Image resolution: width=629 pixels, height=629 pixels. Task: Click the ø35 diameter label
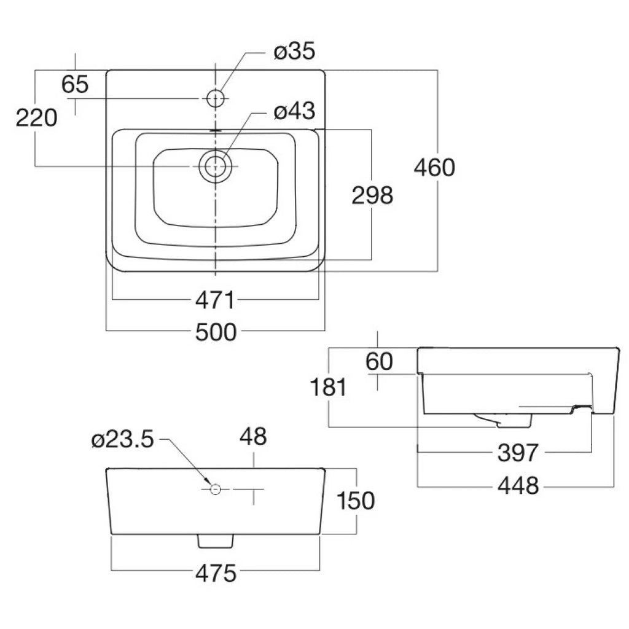tap(294, 52)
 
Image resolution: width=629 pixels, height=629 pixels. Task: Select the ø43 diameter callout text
tap(294, 111)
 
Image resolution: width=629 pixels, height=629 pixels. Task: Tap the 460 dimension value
tap(434, 167)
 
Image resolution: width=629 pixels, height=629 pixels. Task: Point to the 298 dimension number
tap(372, 195)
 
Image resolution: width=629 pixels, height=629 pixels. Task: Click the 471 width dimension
tap(215, 301)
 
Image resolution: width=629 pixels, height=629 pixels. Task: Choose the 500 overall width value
tap(215, 332)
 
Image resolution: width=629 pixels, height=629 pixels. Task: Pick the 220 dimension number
tap(36, 117)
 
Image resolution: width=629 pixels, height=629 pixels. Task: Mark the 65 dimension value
tap(75, 84)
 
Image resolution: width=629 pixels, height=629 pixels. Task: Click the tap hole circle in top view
tap(216, 98)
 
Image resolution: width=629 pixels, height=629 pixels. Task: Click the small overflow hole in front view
tap(215, 489)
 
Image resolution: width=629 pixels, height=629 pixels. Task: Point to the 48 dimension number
tap(253, 437)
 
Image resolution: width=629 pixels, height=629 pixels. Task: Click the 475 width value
tap(216, 574)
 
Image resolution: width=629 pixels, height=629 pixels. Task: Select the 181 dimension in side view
tap(329, 388)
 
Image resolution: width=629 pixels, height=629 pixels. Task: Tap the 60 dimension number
tap(378, 362)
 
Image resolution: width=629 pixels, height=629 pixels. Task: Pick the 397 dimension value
tap(517, 453)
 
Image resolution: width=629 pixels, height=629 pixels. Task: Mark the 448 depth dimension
tap(517, 485)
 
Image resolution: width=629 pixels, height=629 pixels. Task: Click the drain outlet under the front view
tap(215, 540)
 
